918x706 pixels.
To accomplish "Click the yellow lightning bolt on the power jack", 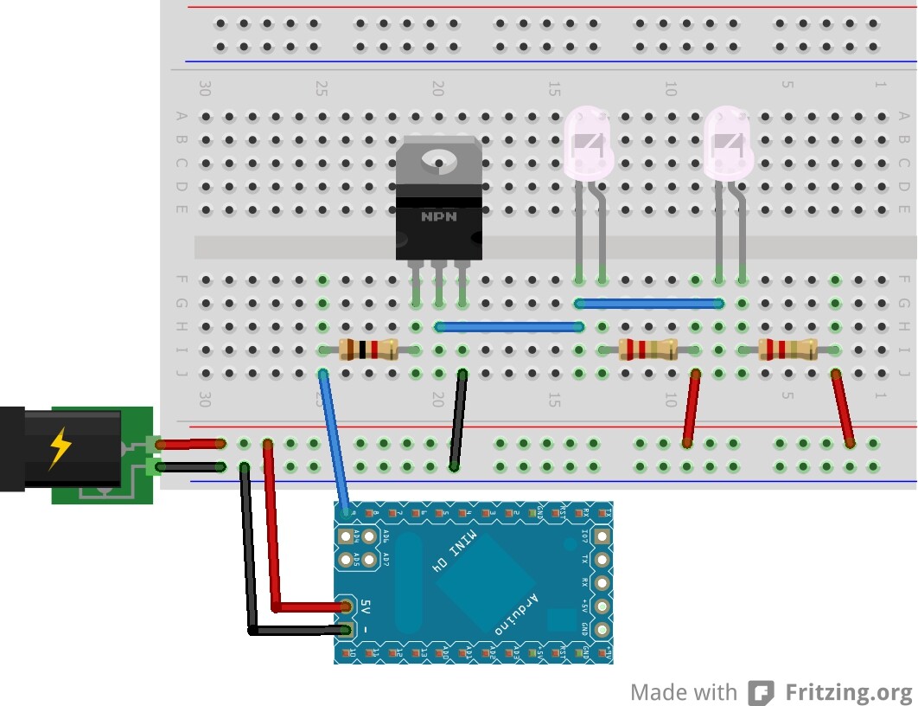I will pyautogui.click(x=61, y=448).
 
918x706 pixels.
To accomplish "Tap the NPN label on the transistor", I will pyautogui.click(x=438, y=216).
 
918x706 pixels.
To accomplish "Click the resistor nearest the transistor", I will pyautogui.click(x=368, y=350).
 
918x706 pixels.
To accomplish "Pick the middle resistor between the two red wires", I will pyautogui.click(x=648, y=350).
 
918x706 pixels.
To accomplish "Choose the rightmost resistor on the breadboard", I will pyautogui.click(x=787, y=350).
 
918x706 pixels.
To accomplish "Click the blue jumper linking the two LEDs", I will pyautogui.click(x=649, y=304).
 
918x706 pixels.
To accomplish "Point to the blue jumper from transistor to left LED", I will pyautogui.click(x=508, y=327).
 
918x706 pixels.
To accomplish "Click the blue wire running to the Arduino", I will pyautogui.click(x=335, y=441).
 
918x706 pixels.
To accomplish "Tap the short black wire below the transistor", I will pyautogui.click(x=458, y=420).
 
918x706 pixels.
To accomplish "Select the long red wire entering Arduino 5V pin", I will pyautogui.click(x=273, y=536).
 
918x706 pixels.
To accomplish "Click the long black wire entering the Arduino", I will pyautogui.click(x=249, y=554).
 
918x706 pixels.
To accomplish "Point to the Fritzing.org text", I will pyautogui.click(x=848, y=692).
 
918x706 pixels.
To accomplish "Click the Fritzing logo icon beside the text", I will pyautogui.click(x=761, y=693).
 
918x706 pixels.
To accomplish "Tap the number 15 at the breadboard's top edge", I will pyautogui.click(x=554, y=87).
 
